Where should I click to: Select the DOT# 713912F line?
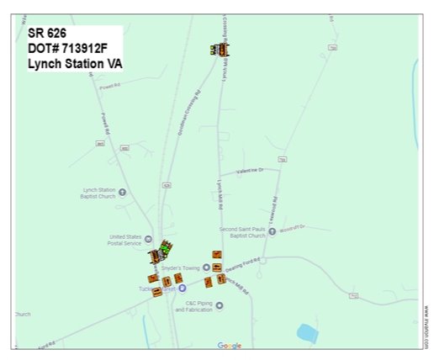click(70, 50)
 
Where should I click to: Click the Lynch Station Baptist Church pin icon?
click(123, 192)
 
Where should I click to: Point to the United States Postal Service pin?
click(149, 239)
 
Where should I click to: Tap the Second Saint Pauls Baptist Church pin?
click(273, 231)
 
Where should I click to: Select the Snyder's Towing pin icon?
click(206, 267)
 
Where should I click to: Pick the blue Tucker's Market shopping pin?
click(183, 288)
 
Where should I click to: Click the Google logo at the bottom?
click(229, 345)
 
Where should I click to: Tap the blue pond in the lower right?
click(307, 333)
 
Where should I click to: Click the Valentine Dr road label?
click(250, 170)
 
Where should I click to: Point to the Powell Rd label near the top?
click(110, 86)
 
